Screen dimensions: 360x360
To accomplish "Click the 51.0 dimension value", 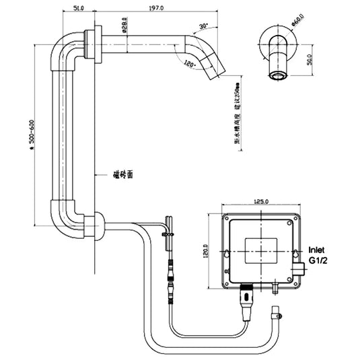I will click(x=78, y=9).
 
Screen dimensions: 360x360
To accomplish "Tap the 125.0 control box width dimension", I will click(x=262, y=201).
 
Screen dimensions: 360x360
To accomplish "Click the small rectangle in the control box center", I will click(x=261, y=250).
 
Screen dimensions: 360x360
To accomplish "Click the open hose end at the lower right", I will click(x=276, y=312).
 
